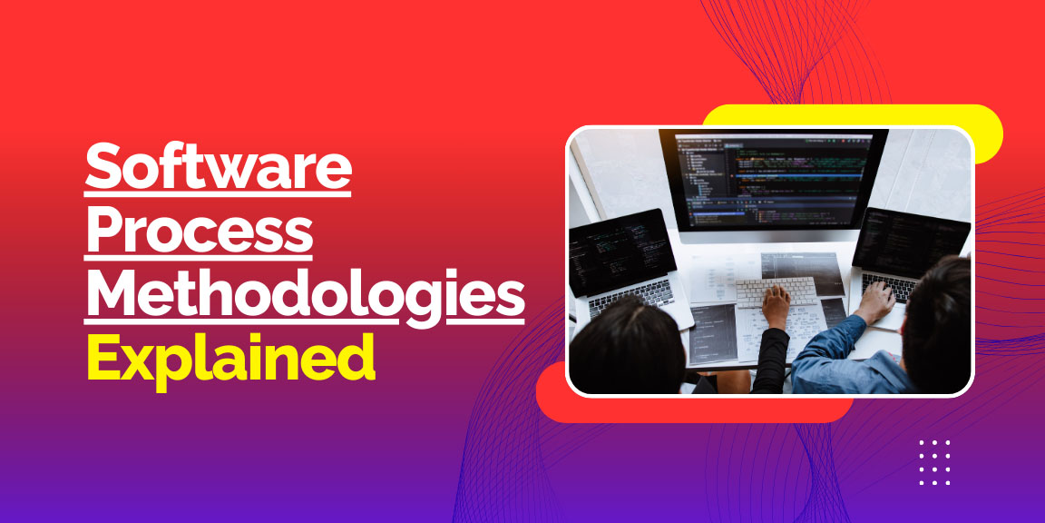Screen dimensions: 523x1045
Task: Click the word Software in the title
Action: pos(218,168)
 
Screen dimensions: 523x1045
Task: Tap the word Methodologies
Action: pos(305,295)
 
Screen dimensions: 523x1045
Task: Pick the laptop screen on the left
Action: pos(620,252)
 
